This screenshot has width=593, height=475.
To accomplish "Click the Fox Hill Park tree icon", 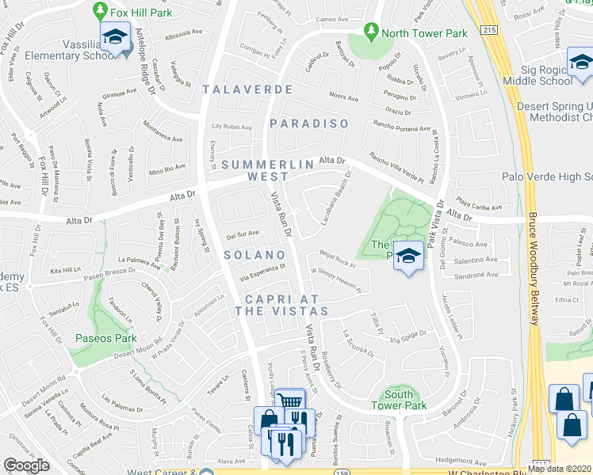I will [x=101, y=10].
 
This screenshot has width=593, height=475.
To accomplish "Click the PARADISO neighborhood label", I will [x=309, y=123].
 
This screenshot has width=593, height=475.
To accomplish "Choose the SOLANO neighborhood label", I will [x=254, y=255].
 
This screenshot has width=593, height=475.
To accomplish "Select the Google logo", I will [x=26, y=465].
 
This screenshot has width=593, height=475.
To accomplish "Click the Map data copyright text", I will [x=559, y=469].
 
